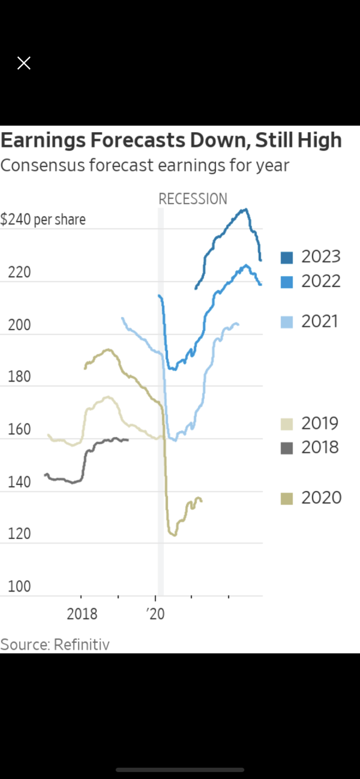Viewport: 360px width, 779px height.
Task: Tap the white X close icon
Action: pyautogui.click(x=24, y=63)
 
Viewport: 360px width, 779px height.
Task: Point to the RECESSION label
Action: pyautogui.click(x=193, y=199)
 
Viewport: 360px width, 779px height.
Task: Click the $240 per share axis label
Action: pyautogui.click(x=43, y=219)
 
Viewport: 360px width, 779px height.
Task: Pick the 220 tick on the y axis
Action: pyautogui.click(x=19, y=272)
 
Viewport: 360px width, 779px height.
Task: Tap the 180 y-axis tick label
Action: pyautogui.click(x=19, y=376)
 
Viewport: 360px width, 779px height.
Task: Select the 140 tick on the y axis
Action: pyautogui.click(x=19, y=482)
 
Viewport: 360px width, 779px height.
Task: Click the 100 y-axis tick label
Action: pyautogui.click(x=19, y=586)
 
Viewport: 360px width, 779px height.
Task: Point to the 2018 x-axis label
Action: pyautogui.click(x=82, y=614)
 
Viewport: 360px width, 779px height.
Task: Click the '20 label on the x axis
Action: pyautogui.click(x=156, y=614)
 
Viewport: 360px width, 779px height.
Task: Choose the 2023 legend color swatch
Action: pyautogui.click(x=287, y=257)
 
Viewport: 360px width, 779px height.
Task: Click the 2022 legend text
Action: pyautogui.click(x=321, y=281)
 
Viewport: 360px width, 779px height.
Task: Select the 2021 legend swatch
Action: pyautogui.click(x=287, y=322)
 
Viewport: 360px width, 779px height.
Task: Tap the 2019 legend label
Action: pyautogui.click(x=320, y=423)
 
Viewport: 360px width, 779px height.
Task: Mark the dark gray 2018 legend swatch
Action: pyautogui.click(x=287, y=449)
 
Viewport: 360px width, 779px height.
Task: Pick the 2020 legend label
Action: pyautogui.click(x=322, y=498)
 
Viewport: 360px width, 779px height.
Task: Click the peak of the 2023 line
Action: pyautogui.click(x=245, y=210)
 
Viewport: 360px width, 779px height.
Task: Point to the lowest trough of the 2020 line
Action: pyautogui.click(x=174, y=535)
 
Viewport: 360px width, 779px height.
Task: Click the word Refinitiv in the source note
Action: pyautogui.click(x=82, y=644)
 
